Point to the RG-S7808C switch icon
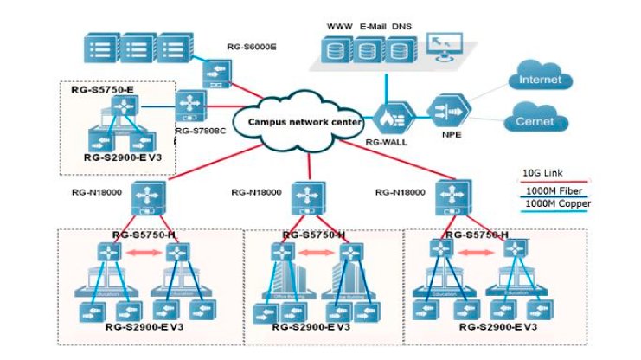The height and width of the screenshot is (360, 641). point(191,108)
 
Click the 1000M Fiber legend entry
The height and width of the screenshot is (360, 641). point(550,190)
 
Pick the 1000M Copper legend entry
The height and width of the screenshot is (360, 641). point(554,204)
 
